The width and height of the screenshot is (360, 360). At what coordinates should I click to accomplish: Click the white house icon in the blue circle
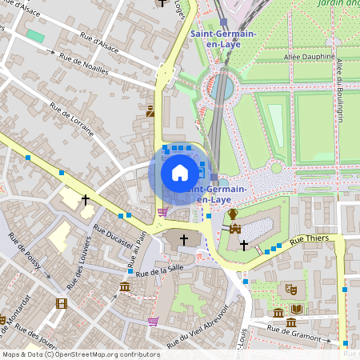coord(180,172)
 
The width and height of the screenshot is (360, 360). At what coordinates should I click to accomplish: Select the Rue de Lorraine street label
coord(71,119)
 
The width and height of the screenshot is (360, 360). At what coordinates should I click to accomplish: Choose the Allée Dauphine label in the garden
coord(308,58)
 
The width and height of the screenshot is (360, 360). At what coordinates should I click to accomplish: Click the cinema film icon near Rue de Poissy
coord(62,303)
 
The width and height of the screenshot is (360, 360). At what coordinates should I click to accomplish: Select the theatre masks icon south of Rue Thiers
coord(291,286)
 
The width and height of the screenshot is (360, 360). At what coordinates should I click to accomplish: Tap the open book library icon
coord(297,310)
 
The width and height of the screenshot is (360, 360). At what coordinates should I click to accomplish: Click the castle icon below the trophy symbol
coord(235,229)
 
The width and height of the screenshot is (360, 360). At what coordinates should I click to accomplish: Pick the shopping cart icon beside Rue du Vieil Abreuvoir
coord(153,321)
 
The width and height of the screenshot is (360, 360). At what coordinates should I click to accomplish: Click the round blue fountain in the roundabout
coord(222,85)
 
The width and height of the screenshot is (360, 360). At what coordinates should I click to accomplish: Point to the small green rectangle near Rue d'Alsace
coord(35,36)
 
